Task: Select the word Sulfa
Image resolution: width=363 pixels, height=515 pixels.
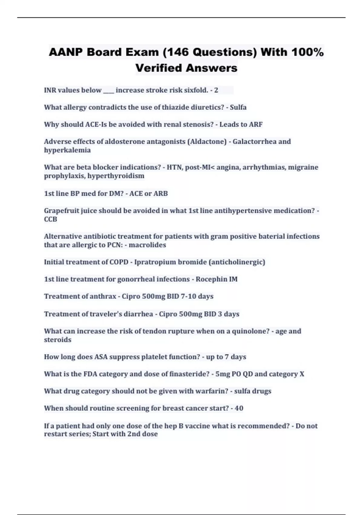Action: [x=238, y=107]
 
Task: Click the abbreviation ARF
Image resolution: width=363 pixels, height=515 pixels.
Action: [x=256, y=125]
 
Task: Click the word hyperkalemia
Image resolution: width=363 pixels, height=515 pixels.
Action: [x=67, y=150]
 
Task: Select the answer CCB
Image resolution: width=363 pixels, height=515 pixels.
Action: [x=51, y=219]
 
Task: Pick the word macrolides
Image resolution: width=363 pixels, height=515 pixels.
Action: [x=147, y=245]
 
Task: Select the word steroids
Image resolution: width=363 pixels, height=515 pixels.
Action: [x=57, y=340]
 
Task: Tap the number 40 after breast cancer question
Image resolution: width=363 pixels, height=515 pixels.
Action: [x=239, y=408]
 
